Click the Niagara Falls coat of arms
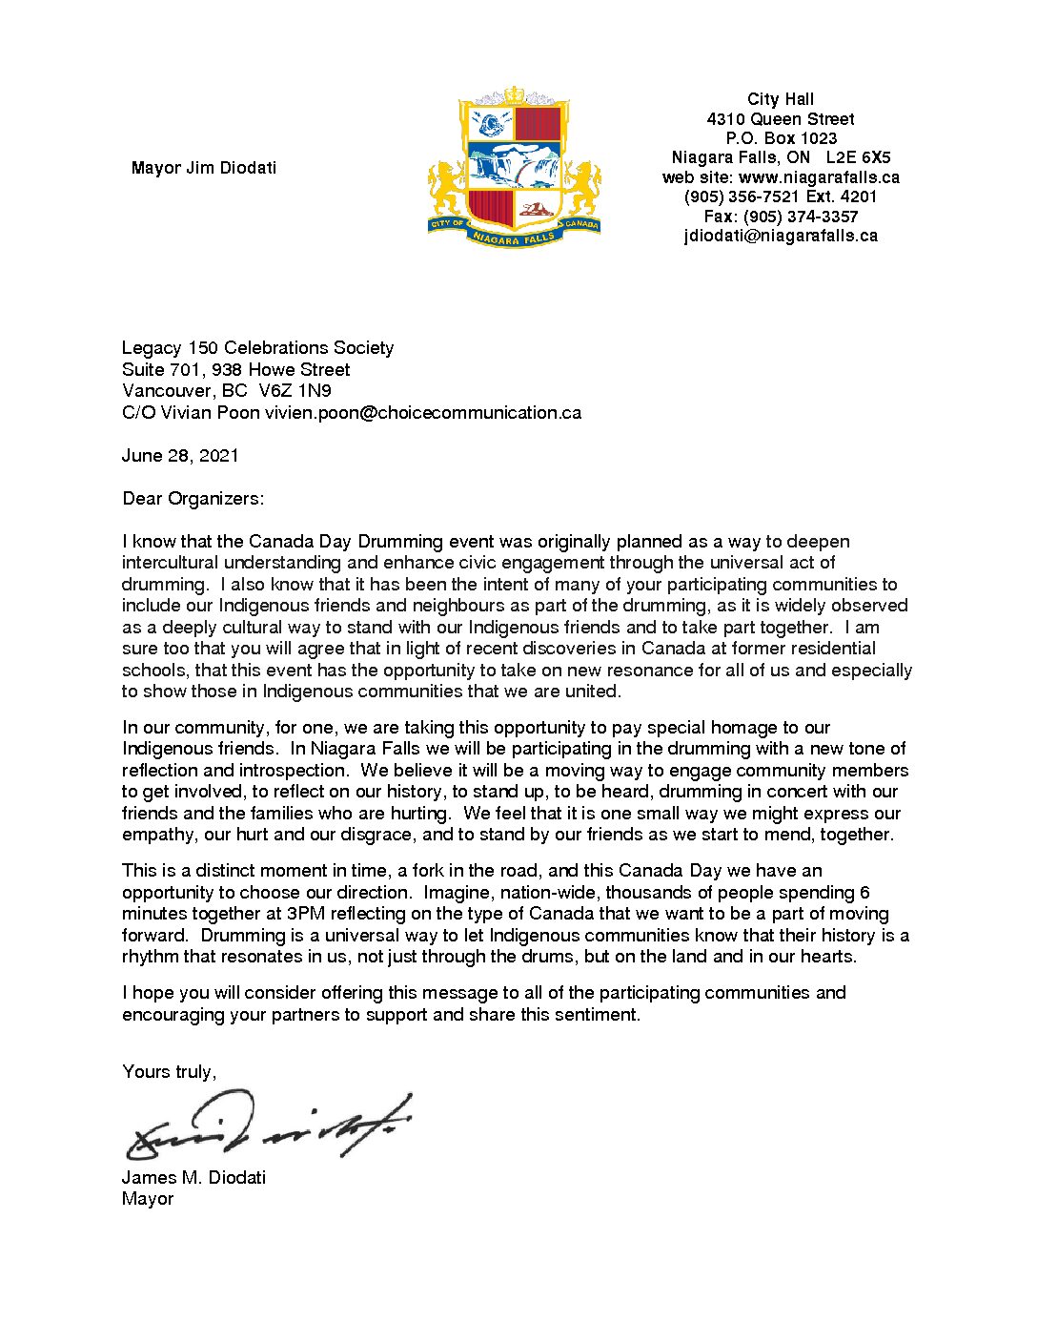(515, 167)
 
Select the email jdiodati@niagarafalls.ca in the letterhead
(781, 236)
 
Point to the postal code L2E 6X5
(858, 157)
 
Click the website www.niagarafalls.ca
(819, 177)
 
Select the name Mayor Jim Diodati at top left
(204, 168)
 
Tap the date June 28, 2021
(180, 455)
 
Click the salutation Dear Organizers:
(193, 498)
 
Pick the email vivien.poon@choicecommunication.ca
(422, 412)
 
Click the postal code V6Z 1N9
(295, 390)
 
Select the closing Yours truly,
(169, 1071)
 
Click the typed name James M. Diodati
(193, 1177)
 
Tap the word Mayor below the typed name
(148, 1198)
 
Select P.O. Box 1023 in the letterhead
(781, 138)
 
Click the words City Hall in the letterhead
(781, 99)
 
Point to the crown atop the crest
(515, 94)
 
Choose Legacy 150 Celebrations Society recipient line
(257, 347)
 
